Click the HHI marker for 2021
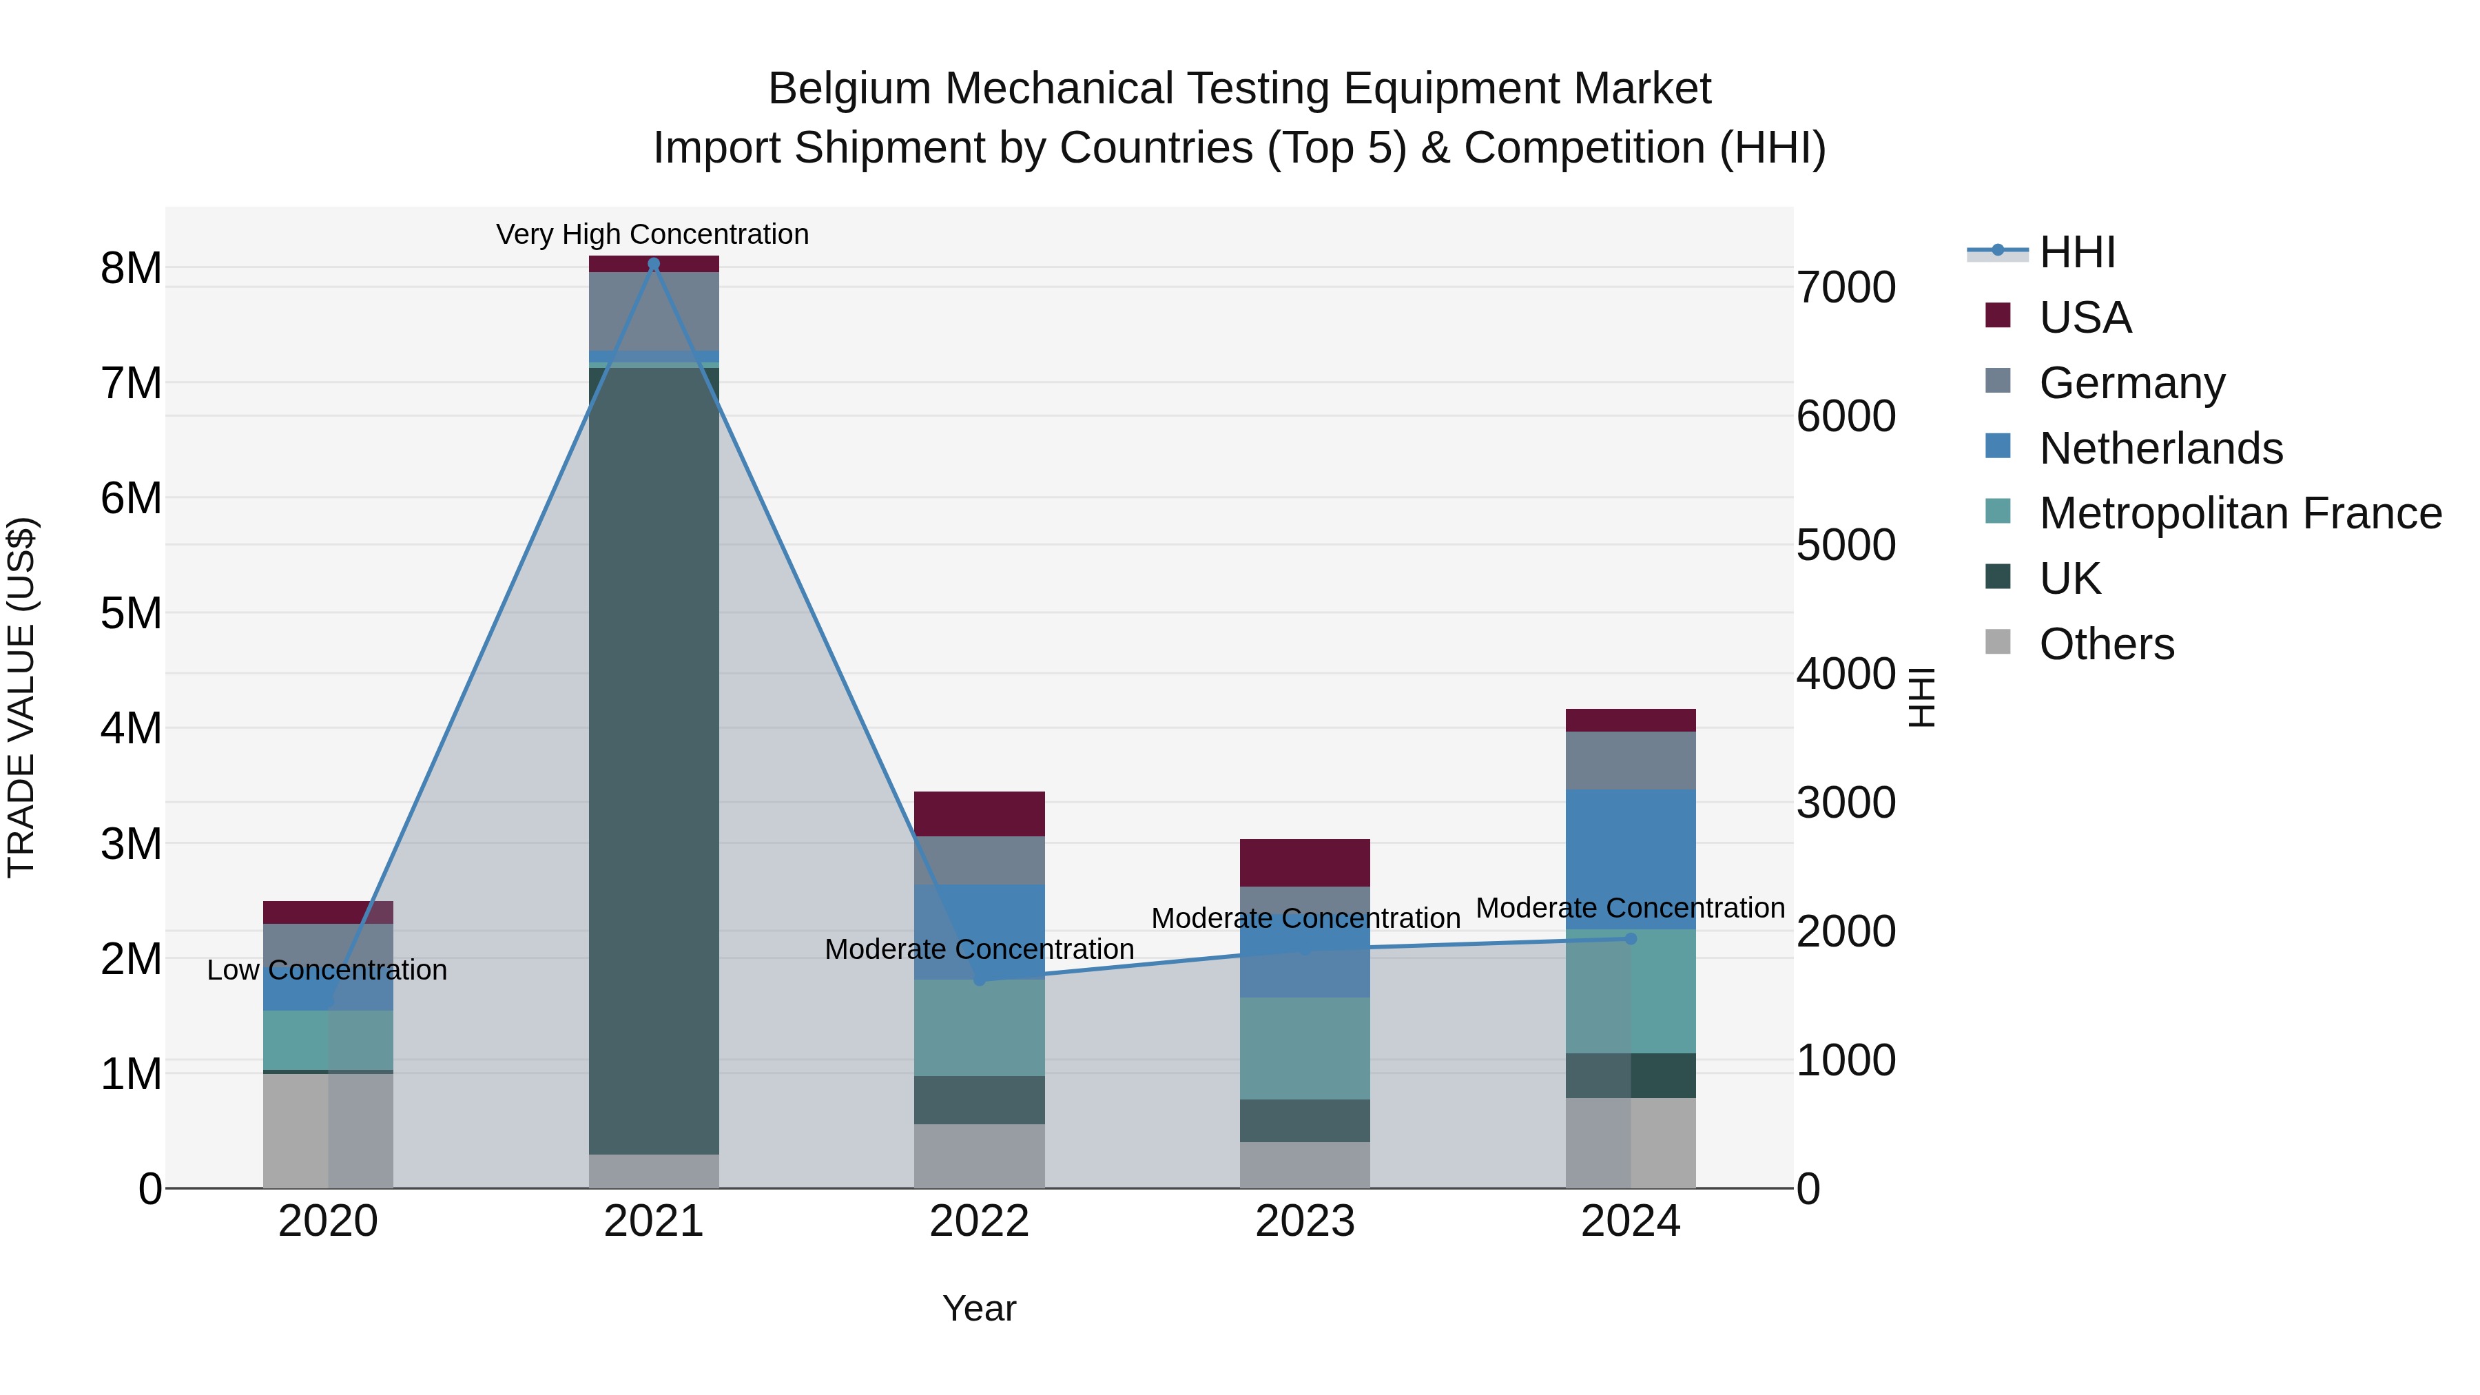(x=654, y=264)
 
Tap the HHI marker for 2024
(x=1630, y=939)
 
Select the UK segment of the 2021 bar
(x=654, y=761)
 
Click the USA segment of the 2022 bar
(x=979, y=814)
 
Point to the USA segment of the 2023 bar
(x=1305, y=862)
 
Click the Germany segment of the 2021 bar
(x=654, y=311)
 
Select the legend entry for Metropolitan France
(x=2240, y=513)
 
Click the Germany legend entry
(x=2131, y=383)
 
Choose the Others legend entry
(x=2107, y=644)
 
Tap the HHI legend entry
(x=2076, y=252)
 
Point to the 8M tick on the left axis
(x=131, y=269)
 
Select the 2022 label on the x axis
(x=979, y=1221)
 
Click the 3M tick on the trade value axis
(x=131, y=845)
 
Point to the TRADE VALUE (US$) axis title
(x=21, y=697)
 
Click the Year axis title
(x=979, y=1308)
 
